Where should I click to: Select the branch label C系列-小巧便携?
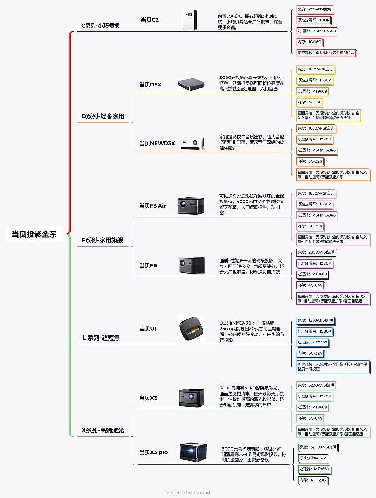click(101, 25)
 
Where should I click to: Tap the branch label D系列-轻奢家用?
click(103, 116)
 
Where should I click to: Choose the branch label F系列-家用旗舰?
click(102, 240)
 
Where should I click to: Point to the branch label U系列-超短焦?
click(101, 337)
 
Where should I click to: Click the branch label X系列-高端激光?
click(103, 430)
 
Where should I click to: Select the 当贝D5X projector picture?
click(191, 84)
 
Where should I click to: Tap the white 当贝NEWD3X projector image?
click(192, 143)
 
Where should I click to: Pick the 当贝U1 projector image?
click(191, 328)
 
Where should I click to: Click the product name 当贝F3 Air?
click(152, 205)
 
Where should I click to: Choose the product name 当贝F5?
click(148, 265)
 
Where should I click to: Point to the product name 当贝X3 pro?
click(153, 452)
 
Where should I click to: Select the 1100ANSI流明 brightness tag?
click(315, 69)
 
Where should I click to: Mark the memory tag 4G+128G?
click(313, 480)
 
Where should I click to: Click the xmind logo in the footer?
click(204, 492)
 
